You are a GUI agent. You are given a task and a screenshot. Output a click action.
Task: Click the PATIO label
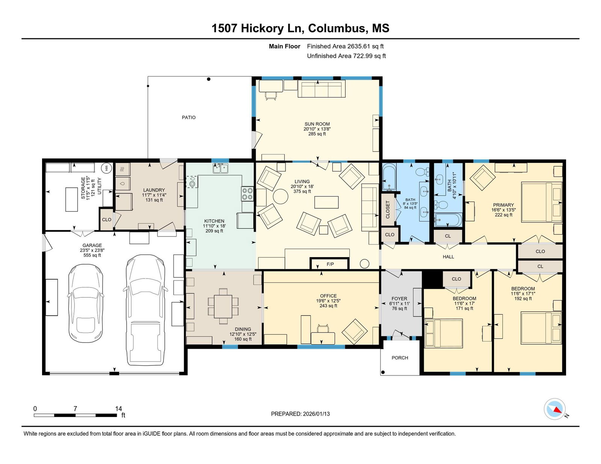point(189,118)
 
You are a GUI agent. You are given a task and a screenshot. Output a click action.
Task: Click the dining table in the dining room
point(223,306)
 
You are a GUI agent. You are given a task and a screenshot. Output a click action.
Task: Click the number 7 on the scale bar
point(75,408)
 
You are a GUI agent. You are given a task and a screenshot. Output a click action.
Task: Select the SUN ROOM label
point(317,124)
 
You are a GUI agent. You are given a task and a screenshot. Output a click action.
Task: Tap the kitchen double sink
point(220,168)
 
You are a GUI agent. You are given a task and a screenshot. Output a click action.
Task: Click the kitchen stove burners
point(247,193)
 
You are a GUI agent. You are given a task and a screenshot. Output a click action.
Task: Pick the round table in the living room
point(281,196)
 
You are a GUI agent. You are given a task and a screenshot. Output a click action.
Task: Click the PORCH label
point(400,358)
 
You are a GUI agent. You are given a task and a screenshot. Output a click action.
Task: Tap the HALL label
point(448,257)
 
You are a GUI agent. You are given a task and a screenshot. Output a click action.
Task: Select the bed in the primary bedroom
point(542,202)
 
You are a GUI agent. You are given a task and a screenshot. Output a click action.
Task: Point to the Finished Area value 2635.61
point(358,46)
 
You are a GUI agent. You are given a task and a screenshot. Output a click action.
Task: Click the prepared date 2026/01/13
point(316,414)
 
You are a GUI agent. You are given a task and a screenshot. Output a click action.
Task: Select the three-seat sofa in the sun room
point(322,89)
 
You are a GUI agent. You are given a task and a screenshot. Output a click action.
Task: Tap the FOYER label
point(399,298)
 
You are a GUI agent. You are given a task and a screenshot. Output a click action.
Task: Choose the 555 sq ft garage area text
point(92,255)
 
